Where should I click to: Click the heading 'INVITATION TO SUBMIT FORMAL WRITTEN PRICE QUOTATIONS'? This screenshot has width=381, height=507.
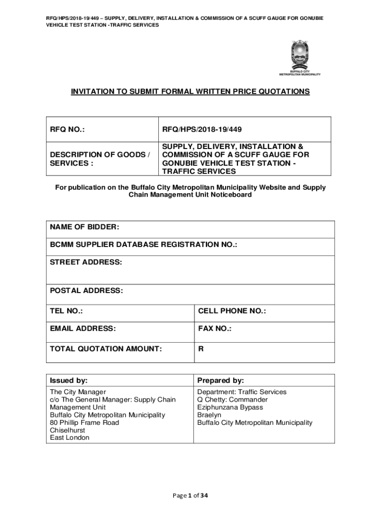pyautogui.click(x=190, y=92)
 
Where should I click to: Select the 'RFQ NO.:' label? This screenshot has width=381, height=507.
pyautogui.click(x=67, y=130)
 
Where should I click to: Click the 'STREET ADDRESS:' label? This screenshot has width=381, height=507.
pyautogui.click(x=86, y=262)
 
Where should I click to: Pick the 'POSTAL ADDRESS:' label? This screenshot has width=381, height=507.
pyautogui.click(x=86, y=291)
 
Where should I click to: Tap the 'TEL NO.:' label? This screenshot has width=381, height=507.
pyautogui.click(x=66, y=311)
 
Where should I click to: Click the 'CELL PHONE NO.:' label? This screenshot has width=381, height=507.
pyautogui.click(x=232, y=311)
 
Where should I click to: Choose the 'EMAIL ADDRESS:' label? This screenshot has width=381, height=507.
pyautogui.click(x=83, y=328)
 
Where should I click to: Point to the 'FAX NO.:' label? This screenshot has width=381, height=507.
pyautogui.click(x=215, y=328)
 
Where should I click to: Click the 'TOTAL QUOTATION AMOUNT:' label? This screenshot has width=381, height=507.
pyautogui.click(x=106, y=349)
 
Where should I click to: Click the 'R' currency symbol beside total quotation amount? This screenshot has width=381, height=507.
pyautogui.click(x=201, y=349)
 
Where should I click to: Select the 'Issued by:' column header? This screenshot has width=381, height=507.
pyautogui.click(x=69, y=381)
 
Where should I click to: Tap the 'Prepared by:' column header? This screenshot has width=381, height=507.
pyautogui.click(x=221, y=381)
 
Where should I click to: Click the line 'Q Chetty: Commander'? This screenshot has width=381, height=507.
pyautogui.click(x=233, y=400)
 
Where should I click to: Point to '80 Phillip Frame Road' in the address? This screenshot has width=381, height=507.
pyautogui.click(x=85, y=423)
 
